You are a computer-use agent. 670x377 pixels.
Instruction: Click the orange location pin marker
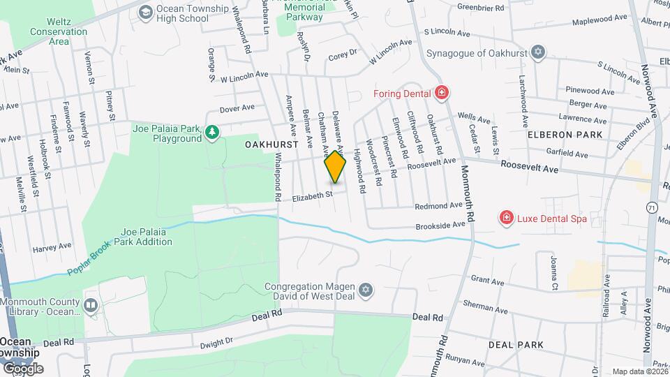(x=335, y=167)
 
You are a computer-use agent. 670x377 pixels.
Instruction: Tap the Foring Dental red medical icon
(x=441, y=92)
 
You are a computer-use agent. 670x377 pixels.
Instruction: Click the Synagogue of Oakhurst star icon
(x=537, y=52)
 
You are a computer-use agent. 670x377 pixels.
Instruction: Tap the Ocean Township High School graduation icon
(x=145, y=12)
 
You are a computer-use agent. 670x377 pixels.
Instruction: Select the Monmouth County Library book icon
(x=91, y=306)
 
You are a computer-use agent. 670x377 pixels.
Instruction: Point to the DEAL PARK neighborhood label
(x=516, y=345)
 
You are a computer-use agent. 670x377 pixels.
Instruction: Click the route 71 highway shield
(x=651, y=208)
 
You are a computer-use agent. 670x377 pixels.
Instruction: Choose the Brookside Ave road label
(x=440, y=225)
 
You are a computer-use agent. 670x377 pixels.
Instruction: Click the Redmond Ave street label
(x=438, y=206)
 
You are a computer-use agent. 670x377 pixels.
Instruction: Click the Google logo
(x=22, y=369)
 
